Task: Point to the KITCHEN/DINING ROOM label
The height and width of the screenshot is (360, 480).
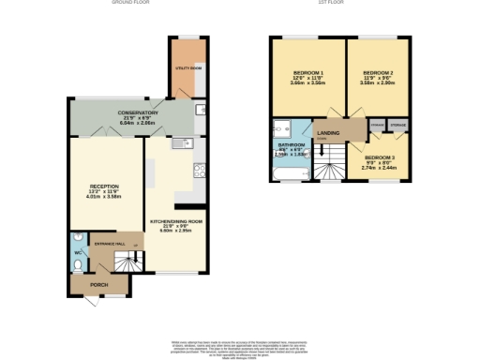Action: (x=176, y=221)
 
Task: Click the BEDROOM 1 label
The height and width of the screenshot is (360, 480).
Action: (x=307, y=73)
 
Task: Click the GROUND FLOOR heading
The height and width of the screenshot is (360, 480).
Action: (x=137, y=4)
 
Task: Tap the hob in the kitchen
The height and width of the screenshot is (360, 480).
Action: (x=198, y=170)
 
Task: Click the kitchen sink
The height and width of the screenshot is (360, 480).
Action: (x=182, y=143)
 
